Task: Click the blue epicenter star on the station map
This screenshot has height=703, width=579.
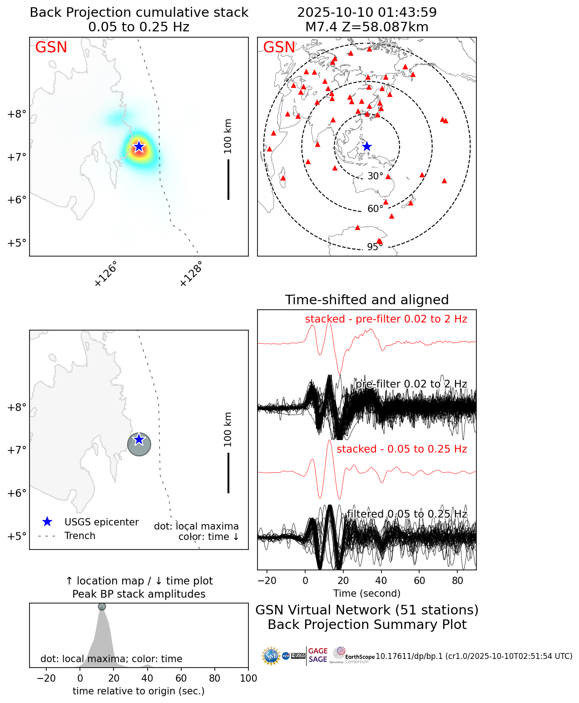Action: click(x=367, y=147)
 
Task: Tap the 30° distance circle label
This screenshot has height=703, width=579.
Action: click(x=375, y=176)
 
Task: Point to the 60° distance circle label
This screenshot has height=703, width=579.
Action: click(x=375, y=209)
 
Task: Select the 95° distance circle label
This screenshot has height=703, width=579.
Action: click(x=375, y=247)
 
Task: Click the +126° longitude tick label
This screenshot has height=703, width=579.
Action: click(x=106, y=274)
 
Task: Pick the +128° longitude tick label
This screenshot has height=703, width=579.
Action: click(x=191, y=274)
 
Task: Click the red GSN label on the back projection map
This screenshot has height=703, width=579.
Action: click(x=51, y=47)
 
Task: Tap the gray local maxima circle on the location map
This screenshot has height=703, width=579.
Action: click(x=139, y=445)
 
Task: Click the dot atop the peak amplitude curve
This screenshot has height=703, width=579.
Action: click(x=102, y=607)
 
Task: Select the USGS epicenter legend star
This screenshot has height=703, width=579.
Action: click(x=47, y=522)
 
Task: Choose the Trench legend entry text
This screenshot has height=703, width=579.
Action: click(x=80, y=536)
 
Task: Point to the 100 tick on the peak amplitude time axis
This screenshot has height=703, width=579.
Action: click(x=248, y=678)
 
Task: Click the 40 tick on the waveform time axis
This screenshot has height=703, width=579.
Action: click(x=381, y=580)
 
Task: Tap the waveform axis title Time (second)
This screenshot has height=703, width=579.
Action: click(x=367, y=593)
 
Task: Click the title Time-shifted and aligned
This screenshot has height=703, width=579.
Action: click(x=367, y=300)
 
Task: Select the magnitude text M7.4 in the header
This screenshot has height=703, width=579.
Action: click(x=321, y=27)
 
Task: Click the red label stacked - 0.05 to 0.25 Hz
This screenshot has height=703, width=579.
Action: click(x=402, y=449)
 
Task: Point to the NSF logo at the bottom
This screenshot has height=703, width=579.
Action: click(x=271, y=656)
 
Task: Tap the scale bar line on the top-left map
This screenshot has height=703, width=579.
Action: click(x=228, y=179)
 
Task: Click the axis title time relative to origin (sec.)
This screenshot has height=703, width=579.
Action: click(x=139, y=691)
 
